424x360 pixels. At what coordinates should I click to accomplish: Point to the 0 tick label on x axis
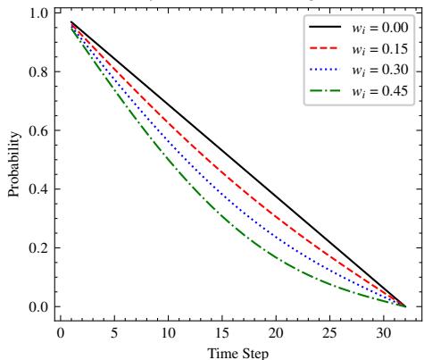60,334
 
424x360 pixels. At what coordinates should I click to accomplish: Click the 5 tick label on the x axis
114,334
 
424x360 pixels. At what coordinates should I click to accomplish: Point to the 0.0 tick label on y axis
38,307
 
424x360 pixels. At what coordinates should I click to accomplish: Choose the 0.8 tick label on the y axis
38,71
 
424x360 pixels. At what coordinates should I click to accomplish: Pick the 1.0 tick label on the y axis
38,13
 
